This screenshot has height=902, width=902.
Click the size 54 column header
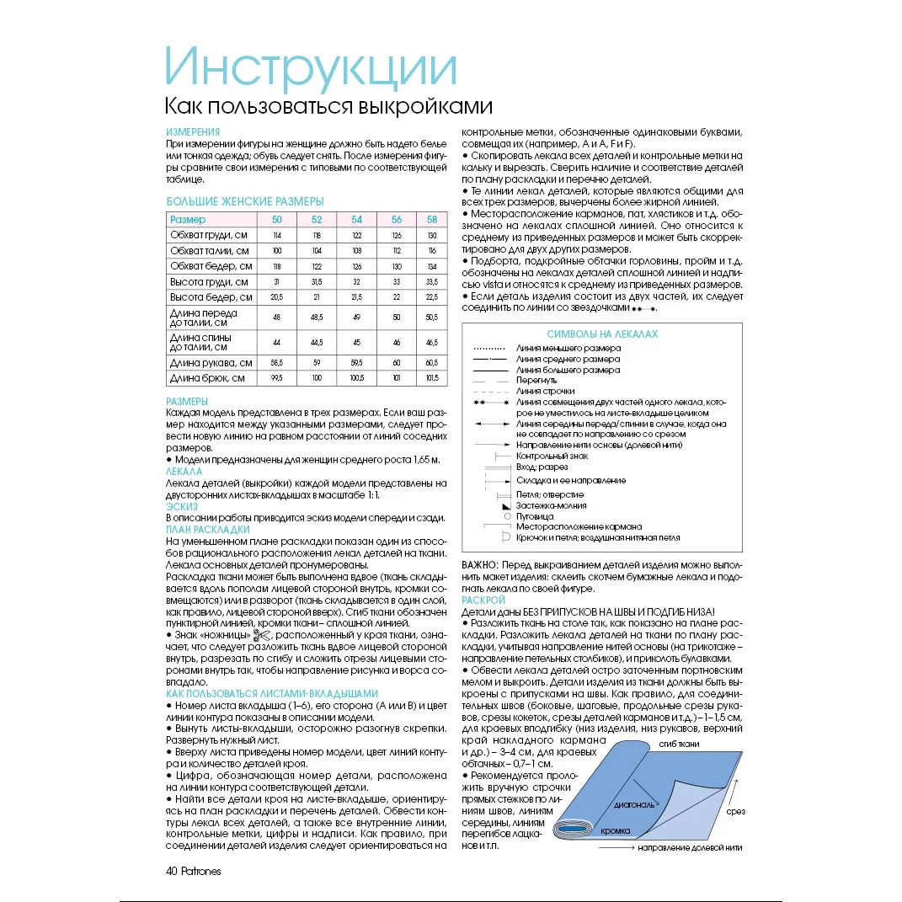356,220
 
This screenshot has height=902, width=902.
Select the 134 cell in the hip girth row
431,266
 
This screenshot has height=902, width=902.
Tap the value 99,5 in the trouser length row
275,378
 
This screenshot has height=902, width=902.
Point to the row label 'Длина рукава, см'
211,362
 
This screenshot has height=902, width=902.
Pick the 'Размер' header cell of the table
188,220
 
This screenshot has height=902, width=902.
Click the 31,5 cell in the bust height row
318,281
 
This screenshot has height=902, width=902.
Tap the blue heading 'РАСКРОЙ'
483,600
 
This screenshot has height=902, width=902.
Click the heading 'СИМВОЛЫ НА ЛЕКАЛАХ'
602,334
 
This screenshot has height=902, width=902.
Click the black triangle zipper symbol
506,507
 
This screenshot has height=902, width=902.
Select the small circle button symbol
507,516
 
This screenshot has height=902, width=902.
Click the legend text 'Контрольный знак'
552,456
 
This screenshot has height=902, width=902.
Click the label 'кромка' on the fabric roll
616,830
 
